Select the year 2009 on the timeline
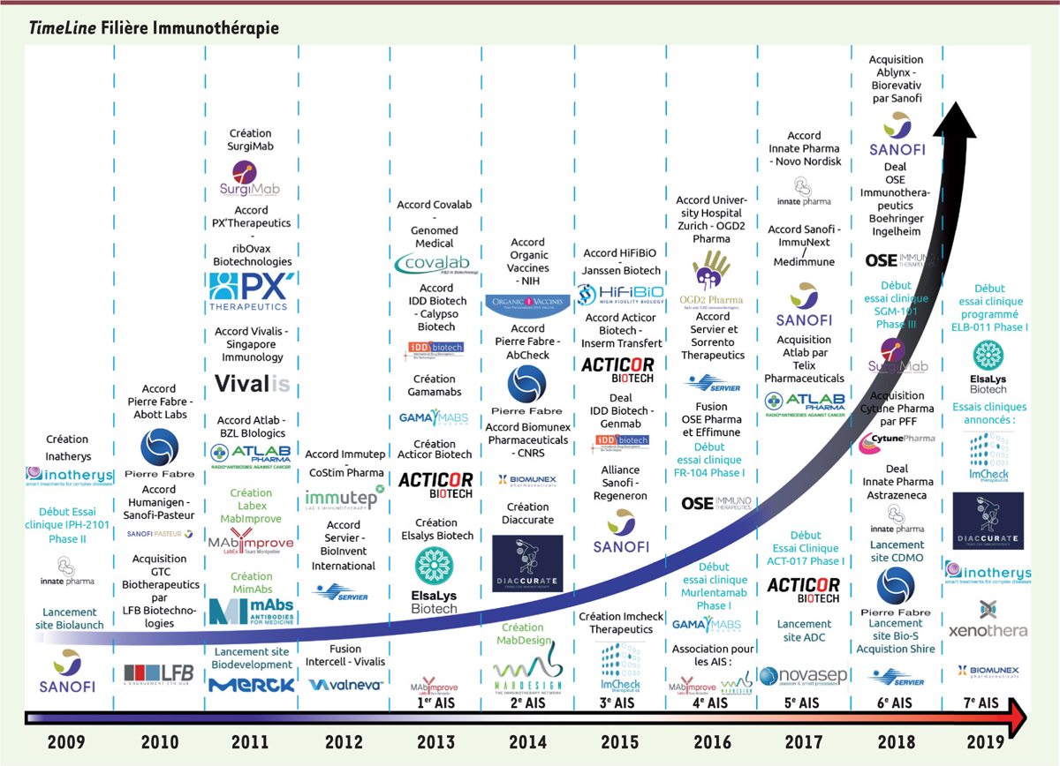(x=66, y=742)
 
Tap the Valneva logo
(x=344, y=684)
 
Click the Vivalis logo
(x=252, y=385)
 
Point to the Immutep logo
(x=345, y=499)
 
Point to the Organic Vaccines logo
(x=527, y=305)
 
